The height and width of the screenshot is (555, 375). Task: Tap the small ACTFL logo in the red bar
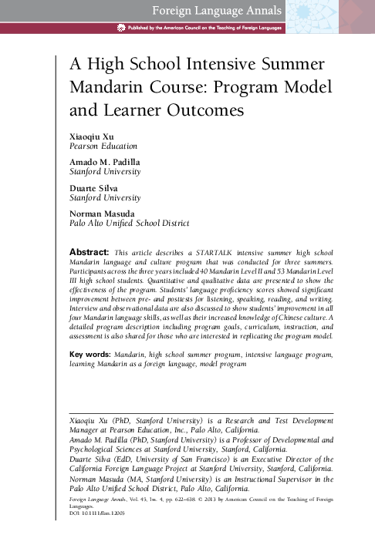[120, 28]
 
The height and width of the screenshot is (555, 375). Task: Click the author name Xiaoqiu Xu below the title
[90, 135]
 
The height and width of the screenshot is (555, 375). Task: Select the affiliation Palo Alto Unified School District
[129, 224]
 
